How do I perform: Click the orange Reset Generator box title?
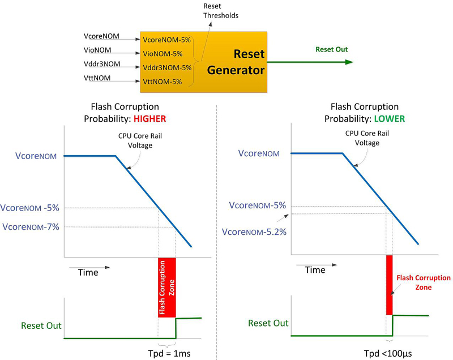click(x=236, y=62)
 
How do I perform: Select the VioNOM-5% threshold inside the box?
click(x=163, y=54)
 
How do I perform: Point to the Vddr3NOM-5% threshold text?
click(x=167, y=67)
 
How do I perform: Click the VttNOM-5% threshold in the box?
click(x=163, y=82)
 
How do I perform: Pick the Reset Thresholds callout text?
click(x=221, y=11)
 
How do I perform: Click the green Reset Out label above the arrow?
click(x=331, y=49)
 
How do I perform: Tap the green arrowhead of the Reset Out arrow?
click(x=349, y=62)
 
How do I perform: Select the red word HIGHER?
click(x=149, y=119)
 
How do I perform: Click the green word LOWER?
click(x=390, y=119)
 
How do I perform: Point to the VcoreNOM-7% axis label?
click(x=31, y=226)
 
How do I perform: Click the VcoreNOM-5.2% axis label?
click(x=254, y=232)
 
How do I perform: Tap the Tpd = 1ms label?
click(x=169, y=353)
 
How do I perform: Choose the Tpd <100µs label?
click(x=388, y=353)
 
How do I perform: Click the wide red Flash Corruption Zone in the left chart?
click(x=166, y=288)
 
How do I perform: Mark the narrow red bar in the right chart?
click(x=389, y=285)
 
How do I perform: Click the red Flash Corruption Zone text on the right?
click(x=423, y=282)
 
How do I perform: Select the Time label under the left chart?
click(x=88, y=272)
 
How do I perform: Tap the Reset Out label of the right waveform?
click(x=268, y=323)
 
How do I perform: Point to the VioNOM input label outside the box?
click(x=97, y=50)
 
